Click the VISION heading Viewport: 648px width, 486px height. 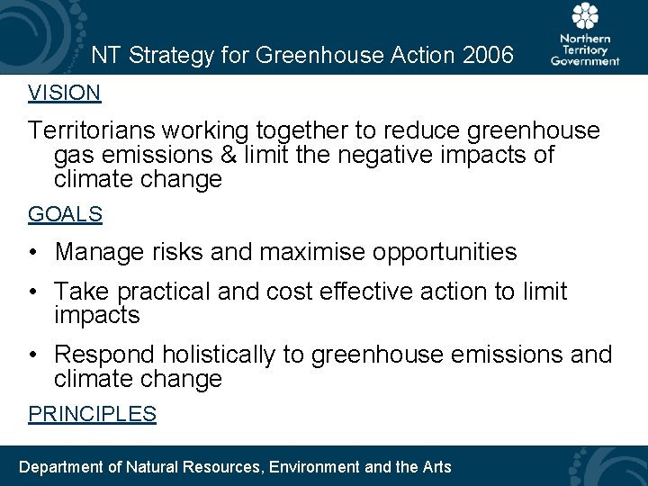pyautogui.click(x=64, y=93)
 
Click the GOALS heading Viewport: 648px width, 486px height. pyautogui.click(x=65, y=214)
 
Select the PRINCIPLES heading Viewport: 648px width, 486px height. pyautogui.click(x=92, y=414)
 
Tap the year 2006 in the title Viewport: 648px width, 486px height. pyautogui.click(x=487, y=56)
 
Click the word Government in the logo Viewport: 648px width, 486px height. pyautogui.click(x=586, y=61)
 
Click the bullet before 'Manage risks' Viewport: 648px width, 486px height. pyautogui.click(x=32, y=253)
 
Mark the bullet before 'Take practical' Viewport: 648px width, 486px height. pyautogui.click(x=32, y=292)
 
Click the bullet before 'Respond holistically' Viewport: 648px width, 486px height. pyautogui.click(x=32, y=355)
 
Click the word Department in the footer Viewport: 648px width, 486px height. pyautogui.click(x=61, y=466)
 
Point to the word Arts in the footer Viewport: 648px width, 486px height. pyautogui.click(x=436, y=466)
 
